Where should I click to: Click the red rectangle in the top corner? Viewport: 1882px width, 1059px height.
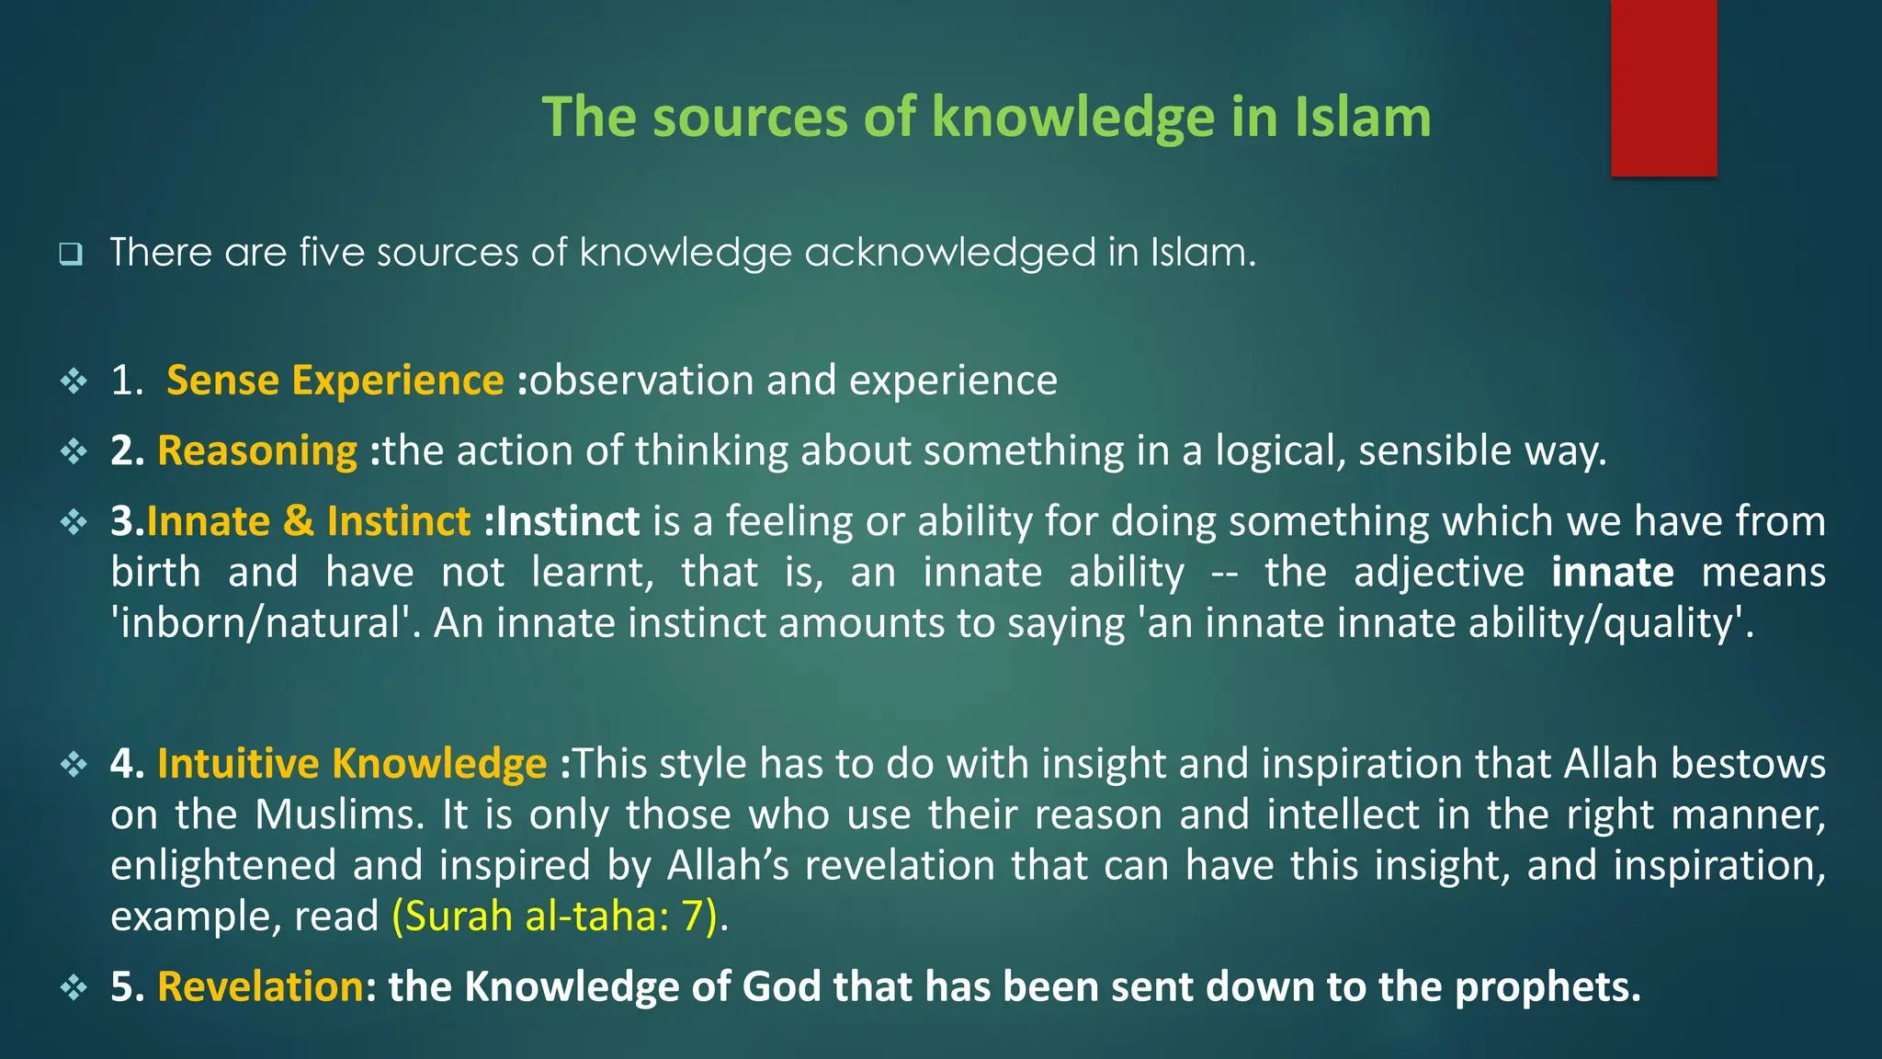point(1663,87)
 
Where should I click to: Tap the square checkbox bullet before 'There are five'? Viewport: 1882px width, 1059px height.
point(71,254)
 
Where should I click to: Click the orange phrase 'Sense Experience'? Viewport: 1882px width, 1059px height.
point(334,381)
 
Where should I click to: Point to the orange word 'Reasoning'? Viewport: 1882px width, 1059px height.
point(257,451)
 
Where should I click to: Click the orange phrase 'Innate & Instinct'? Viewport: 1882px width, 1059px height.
point(309,521)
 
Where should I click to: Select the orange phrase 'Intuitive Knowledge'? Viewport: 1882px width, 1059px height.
point(352,764)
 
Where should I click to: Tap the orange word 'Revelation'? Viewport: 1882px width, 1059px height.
point(260,986)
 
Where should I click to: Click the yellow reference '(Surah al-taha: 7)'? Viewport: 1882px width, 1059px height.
point(554,917)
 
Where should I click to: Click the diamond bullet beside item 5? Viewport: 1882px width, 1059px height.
point(74,988)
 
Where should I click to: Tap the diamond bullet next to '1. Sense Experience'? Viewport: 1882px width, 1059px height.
point(74,381)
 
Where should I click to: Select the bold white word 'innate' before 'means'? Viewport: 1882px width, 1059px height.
point(1613,573)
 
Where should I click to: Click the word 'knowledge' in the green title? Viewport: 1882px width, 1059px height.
point(1072,118)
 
